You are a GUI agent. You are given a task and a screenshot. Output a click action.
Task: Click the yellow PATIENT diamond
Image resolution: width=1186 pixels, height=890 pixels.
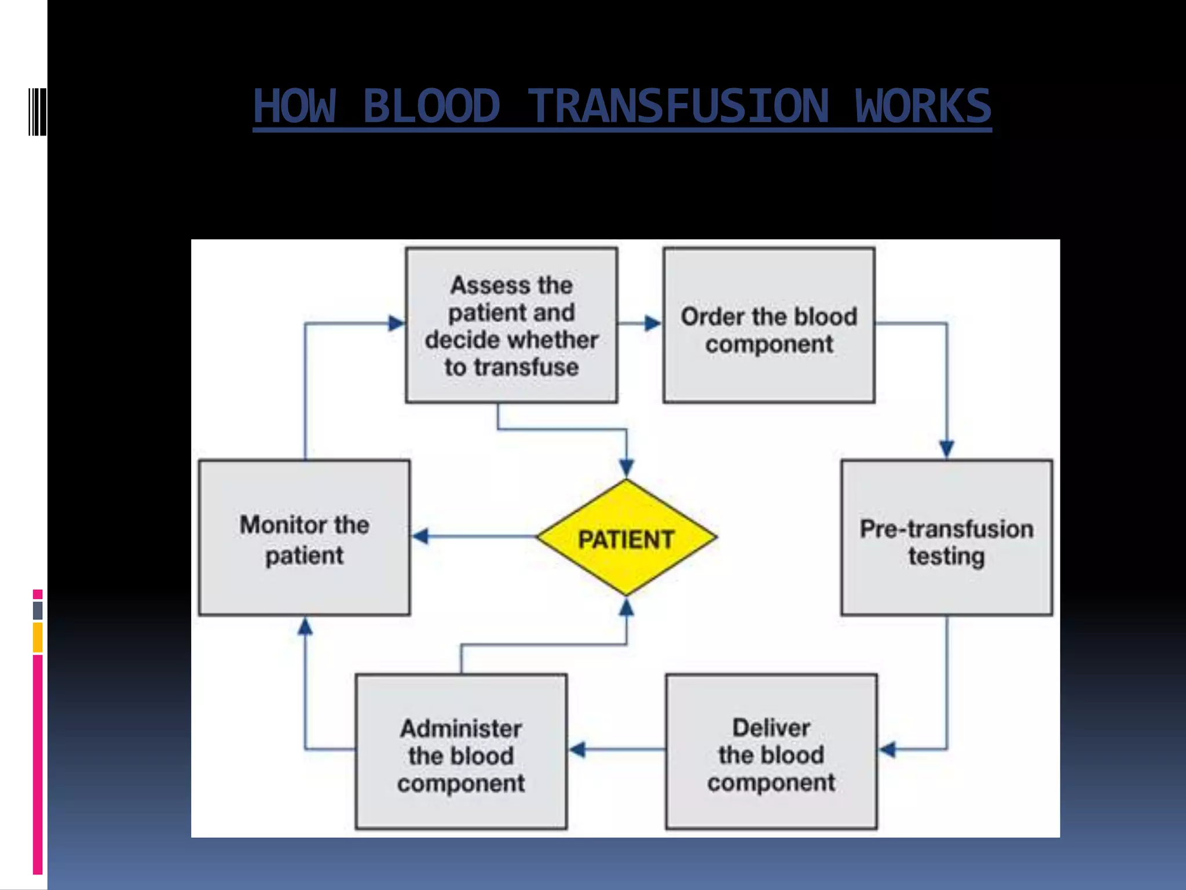tap(626, 538)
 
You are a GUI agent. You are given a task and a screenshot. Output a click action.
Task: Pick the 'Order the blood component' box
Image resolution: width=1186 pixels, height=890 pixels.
tap(768, 325)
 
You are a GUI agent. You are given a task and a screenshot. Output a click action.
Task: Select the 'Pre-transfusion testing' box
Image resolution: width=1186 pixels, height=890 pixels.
tap(946, 538)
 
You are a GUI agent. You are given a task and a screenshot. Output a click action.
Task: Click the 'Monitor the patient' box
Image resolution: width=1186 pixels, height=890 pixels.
tap(304, 538)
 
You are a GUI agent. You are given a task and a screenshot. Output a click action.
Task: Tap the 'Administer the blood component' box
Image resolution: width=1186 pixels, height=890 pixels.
tap(461, 751)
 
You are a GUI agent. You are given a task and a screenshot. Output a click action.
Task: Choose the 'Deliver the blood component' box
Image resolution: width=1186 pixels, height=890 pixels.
tap(771, 751)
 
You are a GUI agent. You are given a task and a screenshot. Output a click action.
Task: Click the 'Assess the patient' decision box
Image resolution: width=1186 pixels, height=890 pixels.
tap(511, 325)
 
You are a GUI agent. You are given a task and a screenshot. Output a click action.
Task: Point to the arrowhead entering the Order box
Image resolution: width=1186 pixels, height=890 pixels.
tap(653, 323)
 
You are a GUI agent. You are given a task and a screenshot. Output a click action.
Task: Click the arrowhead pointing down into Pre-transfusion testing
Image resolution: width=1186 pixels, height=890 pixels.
tap(946, 448)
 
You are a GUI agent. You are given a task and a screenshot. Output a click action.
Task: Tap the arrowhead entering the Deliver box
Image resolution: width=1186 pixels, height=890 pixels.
tap(888, 749)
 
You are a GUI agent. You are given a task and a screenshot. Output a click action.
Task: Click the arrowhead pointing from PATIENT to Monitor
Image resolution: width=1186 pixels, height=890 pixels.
tap(421, 536)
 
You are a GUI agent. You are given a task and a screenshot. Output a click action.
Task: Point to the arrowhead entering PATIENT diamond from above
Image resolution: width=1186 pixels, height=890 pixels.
tap(626, 467)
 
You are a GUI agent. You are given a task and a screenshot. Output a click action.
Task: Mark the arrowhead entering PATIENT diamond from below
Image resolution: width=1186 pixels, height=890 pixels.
tap(626, 607)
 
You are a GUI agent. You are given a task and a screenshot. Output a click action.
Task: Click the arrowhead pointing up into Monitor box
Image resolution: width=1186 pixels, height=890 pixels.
tap(305, 626)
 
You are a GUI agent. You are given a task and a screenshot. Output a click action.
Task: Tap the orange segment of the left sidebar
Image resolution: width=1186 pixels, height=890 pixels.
tap(38, 637)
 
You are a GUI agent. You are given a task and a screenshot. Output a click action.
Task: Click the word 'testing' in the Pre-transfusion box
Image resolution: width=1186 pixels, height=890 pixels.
tap(946, 556)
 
